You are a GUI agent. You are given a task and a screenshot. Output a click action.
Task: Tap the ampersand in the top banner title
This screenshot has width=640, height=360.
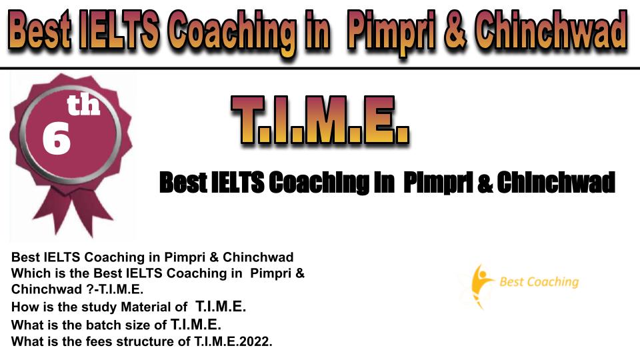click(454, 32)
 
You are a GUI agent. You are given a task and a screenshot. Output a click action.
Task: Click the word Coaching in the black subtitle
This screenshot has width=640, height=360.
click(318, 183)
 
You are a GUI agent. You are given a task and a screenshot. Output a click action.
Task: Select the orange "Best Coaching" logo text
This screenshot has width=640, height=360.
click(539, 281)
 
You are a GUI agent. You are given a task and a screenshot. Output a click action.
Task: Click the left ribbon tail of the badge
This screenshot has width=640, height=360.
click(53, 212)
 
